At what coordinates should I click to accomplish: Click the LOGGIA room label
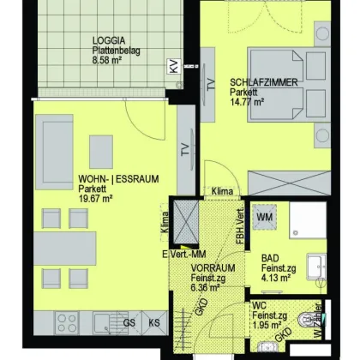coord(110,39)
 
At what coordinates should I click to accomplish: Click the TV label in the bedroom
coord(211,85)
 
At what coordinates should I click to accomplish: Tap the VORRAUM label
coord(210,268)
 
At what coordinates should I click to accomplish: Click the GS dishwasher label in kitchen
coord(129,322)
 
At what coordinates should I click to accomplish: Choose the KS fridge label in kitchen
coord(154,322)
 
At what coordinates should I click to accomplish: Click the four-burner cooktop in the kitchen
coord(67,323)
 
